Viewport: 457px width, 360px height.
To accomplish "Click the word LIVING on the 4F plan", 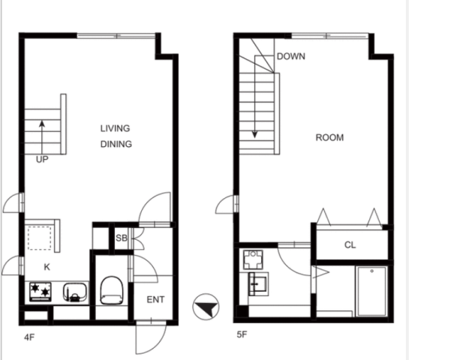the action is [x=115, y=128].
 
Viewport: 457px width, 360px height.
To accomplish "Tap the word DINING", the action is [x=116, y=144].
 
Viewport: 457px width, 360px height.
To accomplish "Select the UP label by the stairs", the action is [x=42, y=159].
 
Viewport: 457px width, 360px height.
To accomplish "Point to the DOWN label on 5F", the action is [x=291, y=56].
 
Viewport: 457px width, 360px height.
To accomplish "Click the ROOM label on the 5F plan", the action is [x=329, y=137].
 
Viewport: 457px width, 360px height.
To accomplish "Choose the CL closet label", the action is [x=350, y=245].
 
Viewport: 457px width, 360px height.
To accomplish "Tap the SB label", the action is [x=122, y=238].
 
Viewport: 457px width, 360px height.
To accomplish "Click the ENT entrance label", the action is [x=155, y=299].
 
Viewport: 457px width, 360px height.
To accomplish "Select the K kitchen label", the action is [x=47, y=267].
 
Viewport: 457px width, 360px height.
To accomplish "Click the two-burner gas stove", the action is [x=41, y=292].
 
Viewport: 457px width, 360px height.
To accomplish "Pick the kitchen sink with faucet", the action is [x=75, y=292].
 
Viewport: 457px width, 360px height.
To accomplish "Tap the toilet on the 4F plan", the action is [x=112, y=290].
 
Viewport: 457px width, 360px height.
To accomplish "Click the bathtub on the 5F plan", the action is [x=371, y=291].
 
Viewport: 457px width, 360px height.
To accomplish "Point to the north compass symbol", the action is [x=206, y=307].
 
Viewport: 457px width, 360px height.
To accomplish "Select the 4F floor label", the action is [x=29, y=337].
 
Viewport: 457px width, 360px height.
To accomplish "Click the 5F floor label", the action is [x=242, y=334].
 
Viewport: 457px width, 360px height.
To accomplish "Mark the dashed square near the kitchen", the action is [x=39, y=238].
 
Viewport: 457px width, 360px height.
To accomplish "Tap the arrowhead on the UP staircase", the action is [x=42, y=124].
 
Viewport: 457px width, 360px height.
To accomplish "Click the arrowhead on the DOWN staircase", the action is [x=254, y=134].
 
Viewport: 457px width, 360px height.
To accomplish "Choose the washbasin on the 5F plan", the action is [x=258, y=284].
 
